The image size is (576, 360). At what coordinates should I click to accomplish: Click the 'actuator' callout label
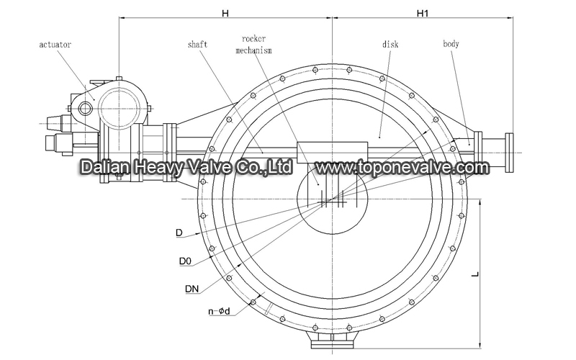click(x=55, y=45)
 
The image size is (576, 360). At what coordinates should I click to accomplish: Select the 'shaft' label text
click(x=197, y=45)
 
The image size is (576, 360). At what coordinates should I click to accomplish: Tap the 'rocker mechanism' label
click(x=253, y=45)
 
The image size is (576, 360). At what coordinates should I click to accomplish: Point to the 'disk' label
click(x=390, y=44)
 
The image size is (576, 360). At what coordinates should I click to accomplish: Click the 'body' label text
click(x=451, y=44)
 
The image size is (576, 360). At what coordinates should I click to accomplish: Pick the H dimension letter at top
click(x=225, y=13)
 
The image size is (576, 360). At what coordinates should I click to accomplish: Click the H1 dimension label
click(x=423, y=13)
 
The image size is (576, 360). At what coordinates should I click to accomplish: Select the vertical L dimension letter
click(x=475, y=274)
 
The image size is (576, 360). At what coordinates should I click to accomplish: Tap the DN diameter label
click(x=192, y=289)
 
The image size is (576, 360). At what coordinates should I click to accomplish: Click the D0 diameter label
click(x=185, y=261)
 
